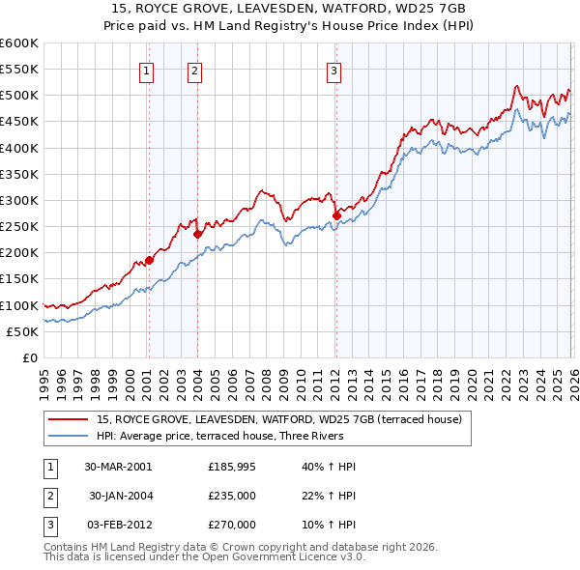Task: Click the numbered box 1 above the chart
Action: pyautogui.click(x=146, y=70)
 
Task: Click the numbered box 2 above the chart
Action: pyautogui.click(x=194, y=70)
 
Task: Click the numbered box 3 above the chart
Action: pyautogui.click(x=333, y=70)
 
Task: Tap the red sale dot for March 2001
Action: pyautogui.click(x=149, y=260)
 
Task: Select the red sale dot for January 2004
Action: pyautogui.click(x=197, y=234)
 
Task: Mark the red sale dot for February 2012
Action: pyautogui.click(x=336, y=215)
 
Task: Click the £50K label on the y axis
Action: pyautogui.click(x=23, y=331)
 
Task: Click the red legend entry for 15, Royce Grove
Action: pyautogui.click(x=280, y=419)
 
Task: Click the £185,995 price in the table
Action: pyautogui.click(x=232, y=467)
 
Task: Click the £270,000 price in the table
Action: pyautogui.click(x=232, y=525)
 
